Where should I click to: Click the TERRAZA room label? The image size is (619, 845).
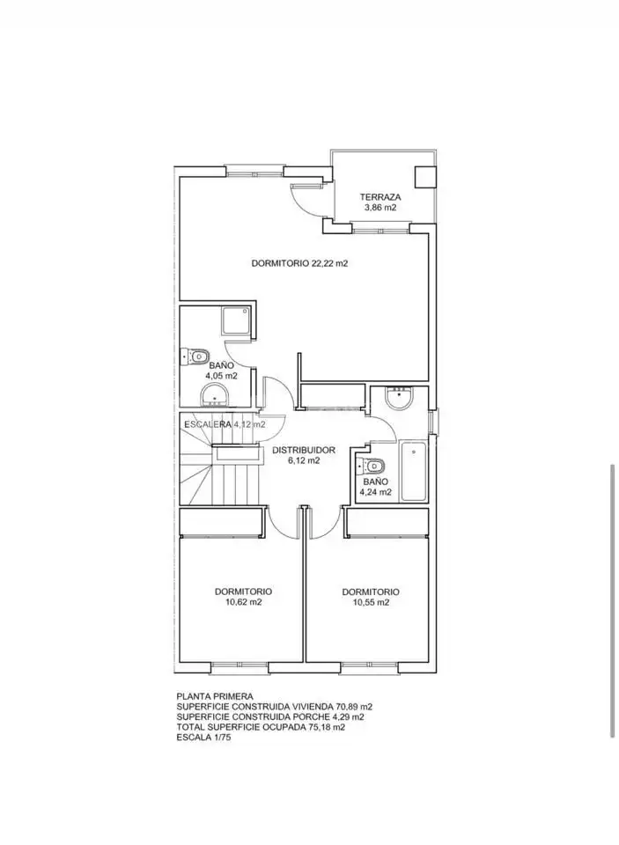(380, 197)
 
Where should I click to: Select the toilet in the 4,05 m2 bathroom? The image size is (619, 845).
(195, 356)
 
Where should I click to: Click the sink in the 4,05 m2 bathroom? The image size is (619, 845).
(215, 395)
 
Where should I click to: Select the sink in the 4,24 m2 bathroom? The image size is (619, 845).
(400, 398)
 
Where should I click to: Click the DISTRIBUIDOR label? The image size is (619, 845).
(304, 450)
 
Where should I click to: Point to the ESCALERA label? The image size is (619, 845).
(208, 424)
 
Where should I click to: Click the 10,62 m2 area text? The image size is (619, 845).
(243, 602)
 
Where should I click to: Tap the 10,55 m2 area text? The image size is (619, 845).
(371, 602)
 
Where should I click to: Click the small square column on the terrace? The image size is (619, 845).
(424, 176)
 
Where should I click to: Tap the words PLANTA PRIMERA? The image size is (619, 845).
(215, 696)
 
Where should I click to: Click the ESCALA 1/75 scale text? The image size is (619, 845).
(203, 738)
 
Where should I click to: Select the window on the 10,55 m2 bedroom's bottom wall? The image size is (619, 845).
(368, 668)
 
